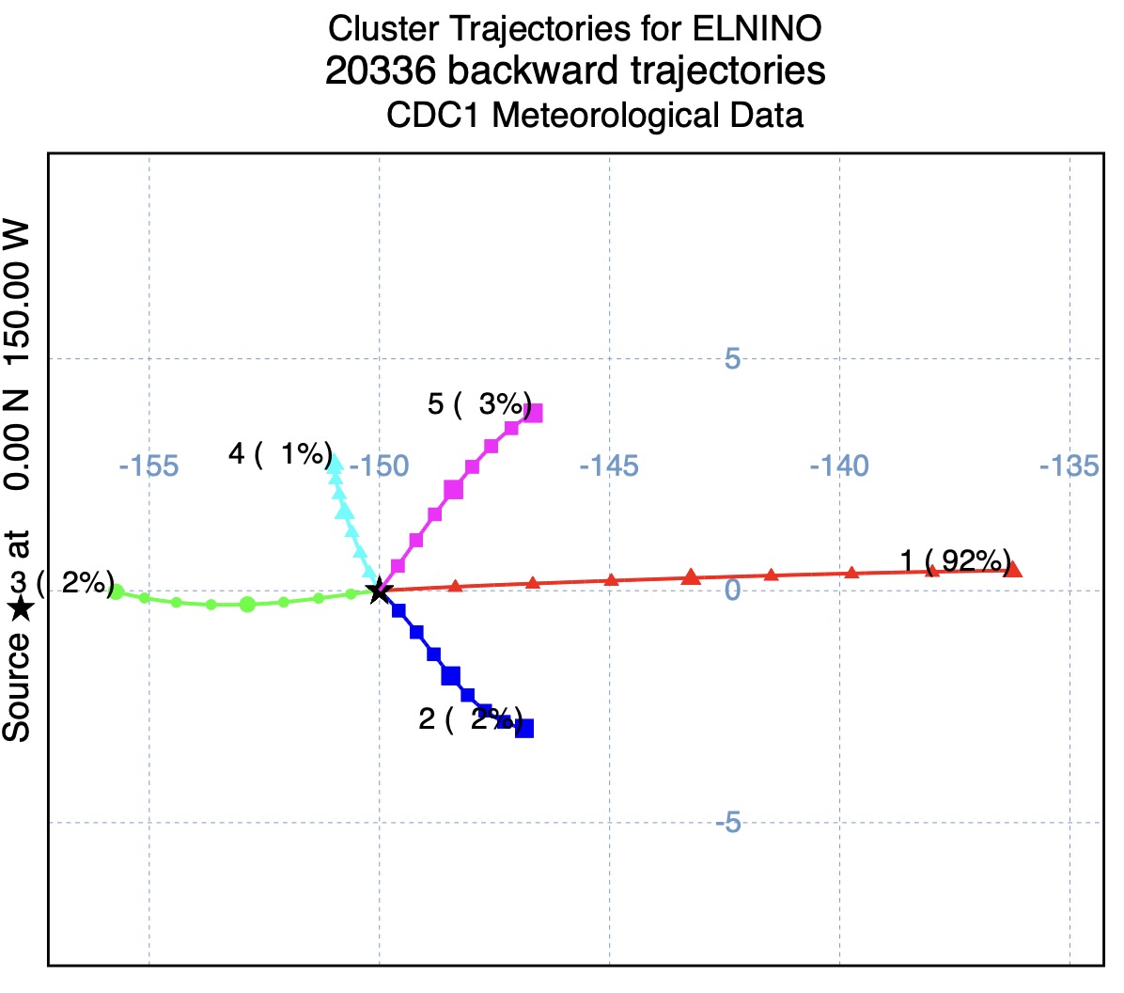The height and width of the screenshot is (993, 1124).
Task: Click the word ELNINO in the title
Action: [757, 28]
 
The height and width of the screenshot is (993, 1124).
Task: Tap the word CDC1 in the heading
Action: [435, 116]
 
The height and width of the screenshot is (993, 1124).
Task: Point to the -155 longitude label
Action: [149, 465]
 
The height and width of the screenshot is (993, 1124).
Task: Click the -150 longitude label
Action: [380, 465]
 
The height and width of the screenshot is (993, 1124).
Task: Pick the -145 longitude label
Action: [609, 465]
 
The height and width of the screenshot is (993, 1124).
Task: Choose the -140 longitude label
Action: [839, 465]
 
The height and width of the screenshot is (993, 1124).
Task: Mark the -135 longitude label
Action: [1069, 465]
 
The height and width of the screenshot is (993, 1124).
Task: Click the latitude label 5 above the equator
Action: [732, 358]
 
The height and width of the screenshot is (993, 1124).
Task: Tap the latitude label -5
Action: [728, 823]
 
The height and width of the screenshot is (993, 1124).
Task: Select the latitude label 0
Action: [733, 590]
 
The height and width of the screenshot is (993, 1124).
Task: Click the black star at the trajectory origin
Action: [379, 591]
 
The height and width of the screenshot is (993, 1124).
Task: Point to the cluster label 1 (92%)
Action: [955, 560]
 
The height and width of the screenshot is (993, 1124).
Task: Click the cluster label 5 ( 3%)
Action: [479, 404]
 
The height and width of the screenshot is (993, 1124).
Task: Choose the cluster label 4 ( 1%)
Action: [280, 453]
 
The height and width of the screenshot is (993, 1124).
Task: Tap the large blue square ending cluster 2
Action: [524, 728]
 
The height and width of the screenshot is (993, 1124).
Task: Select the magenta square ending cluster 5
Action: [533, 413]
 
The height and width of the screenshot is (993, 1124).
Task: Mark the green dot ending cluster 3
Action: [117, 591]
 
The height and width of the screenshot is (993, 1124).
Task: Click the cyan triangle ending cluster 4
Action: [334, 462]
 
